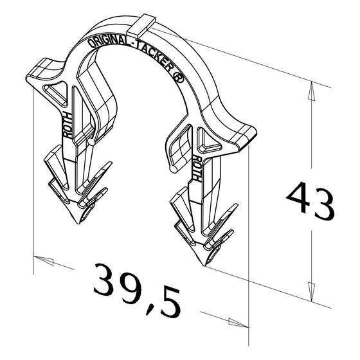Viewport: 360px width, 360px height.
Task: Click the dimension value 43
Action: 310,200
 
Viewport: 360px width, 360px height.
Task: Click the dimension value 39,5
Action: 138,290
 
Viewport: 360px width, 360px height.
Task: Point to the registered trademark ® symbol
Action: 179,78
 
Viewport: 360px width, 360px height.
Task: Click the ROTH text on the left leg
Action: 67,125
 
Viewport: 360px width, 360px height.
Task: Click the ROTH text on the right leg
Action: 197,167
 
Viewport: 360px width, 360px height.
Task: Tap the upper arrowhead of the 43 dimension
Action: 311,91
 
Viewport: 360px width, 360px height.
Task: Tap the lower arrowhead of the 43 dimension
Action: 311,292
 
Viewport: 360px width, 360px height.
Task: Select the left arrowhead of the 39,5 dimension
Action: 44,260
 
